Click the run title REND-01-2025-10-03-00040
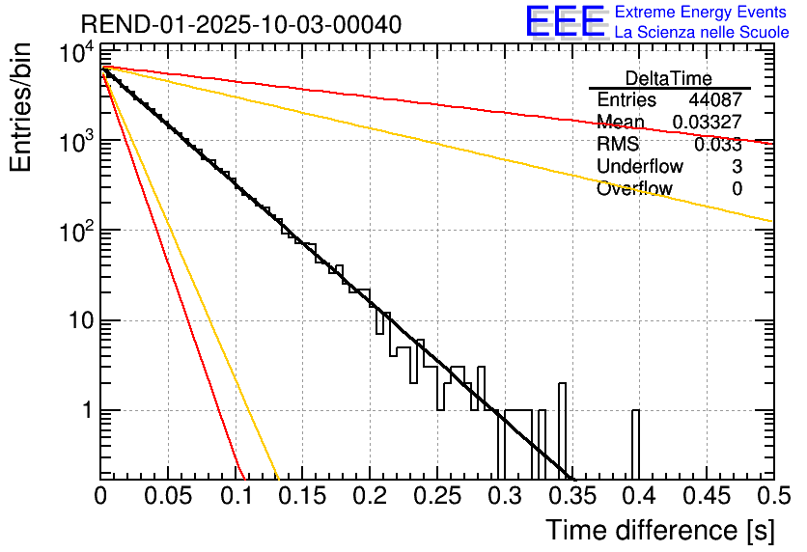tap(228, 23)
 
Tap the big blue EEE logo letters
tap(565, 22)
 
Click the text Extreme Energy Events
tap(701, 13)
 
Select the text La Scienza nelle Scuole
tap(702, 33)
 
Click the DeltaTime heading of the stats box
tap(669, 78)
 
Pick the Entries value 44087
tap(715, 100)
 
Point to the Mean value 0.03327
tap(707, 123)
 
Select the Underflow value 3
tap(737, 167)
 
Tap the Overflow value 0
tap(737, 189)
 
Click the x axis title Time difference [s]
tap(658, 530)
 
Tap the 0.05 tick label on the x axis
tap(168, 497)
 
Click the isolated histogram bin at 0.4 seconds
tap(636, 444)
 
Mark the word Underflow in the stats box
tap(640, 167)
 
